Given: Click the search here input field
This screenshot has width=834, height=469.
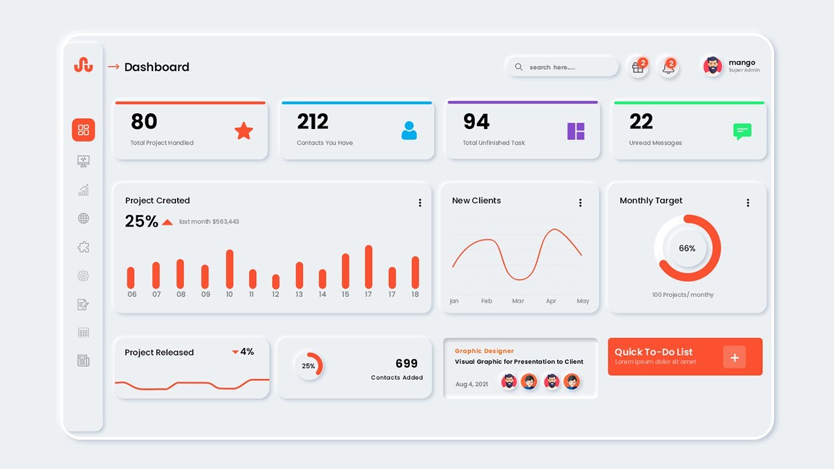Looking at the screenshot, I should (x=562, y=67).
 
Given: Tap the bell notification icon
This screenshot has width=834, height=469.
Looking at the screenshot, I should (x=668, y=67).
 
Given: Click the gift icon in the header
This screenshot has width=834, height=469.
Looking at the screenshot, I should (x=637, y=67).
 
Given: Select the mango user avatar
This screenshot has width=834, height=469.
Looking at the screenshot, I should (x=713, y=66).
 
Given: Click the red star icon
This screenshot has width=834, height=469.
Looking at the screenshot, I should (x=244, y=131).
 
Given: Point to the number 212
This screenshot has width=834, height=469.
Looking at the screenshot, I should (x=313, y=122).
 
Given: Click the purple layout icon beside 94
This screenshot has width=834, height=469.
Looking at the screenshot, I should (x=576, y=131).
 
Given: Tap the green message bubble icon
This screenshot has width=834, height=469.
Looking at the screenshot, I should (x=742, y=132).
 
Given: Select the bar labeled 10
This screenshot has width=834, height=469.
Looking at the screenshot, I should (x=229, y=269).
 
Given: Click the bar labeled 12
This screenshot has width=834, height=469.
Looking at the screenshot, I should (x=276, y=281).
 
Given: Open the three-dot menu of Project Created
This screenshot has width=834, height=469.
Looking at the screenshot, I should (x=420, y=203).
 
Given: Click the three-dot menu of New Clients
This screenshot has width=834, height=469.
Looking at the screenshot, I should (x=581, y=203).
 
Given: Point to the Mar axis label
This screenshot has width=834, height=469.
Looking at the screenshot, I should (x=518, y=301).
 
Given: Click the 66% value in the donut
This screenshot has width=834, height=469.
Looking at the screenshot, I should (x=687, y=248).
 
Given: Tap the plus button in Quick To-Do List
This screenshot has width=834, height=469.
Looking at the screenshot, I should (x=734, y=357).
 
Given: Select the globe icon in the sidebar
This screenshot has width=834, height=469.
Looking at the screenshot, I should (x=83, y=219).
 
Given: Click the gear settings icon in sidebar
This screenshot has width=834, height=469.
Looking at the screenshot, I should (x=83, y=276).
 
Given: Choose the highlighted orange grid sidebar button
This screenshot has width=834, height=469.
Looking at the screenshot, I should (x=83, y=130).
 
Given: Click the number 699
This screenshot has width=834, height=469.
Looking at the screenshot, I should (x=407, y=363).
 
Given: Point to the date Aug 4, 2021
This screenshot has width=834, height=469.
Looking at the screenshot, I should (x=472, y=384).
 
